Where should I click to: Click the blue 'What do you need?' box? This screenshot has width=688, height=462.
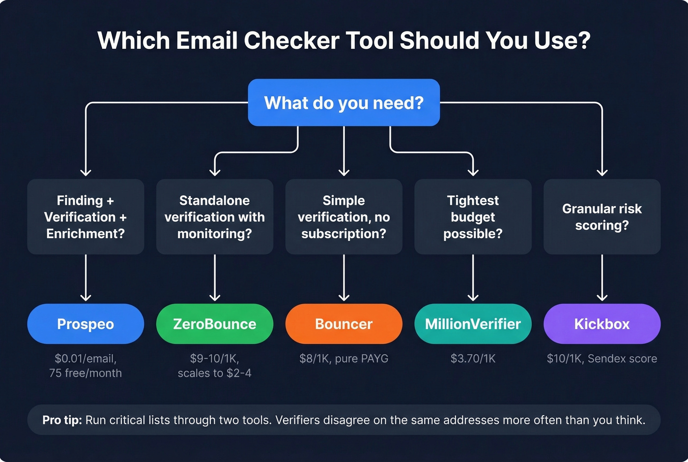tap(344, 102)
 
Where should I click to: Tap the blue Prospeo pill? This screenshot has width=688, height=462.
tap(86, 324)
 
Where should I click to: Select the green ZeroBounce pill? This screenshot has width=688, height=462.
tap(215, 324)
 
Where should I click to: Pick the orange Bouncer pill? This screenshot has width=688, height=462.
tap(344, 324)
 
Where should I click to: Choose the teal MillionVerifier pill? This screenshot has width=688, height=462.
tap(473, 324)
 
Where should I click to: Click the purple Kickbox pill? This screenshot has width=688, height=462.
tap(602, 324)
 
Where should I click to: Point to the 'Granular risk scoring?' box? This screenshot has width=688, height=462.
tap(602, 217)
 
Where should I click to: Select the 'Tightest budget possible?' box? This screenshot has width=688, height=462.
tap(473, 217)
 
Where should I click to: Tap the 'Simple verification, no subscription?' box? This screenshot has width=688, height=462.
tap(344, 217)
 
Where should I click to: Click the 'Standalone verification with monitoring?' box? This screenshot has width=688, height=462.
tap(215, 217)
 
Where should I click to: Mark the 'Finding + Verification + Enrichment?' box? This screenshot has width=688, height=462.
tap(86, 217)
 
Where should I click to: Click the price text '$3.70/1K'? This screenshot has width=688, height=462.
tap(473, 359)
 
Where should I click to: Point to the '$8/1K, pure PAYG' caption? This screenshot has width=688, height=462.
tap(344, 359)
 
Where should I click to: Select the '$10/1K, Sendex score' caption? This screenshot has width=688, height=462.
tap(602, 359)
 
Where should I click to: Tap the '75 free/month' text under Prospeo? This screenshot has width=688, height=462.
tap(86, 373)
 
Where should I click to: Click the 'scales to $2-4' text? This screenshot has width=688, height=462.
tap(215, 373)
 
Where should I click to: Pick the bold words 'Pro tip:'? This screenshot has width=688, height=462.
tap(62, 420)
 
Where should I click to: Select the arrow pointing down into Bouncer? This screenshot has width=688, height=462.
tap(344, 278)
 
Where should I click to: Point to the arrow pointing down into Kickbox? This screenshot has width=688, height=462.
tap(602, 278)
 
